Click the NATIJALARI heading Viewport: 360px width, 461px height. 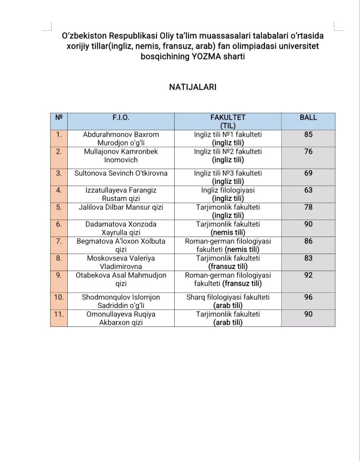click(193, 87)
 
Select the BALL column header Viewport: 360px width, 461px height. click(308, 117)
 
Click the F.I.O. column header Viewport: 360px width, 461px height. click(121, 117)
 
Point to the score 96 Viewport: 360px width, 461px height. click(308, 297)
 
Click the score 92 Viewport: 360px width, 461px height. click(308, 275)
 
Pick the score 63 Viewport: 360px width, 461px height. click(308, 190)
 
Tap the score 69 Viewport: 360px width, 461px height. click(308, 173)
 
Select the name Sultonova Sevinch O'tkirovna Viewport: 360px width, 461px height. click(121, 173)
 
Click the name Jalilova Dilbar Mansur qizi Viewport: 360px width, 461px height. click(121, 207)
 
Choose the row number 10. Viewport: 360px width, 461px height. click(59, 297)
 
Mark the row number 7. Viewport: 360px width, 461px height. click(59, 241)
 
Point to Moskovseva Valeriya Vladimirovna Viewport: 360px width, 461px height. click(121, 262)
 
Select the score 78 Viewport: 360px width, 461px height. click(308, 207)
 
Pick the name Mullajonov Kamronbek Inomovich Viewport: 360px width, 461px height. click(121, 156)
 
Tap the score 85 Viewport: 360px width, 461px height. click(308, 135)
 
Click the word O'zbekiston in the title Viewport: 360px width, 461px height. click(84, 36)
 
